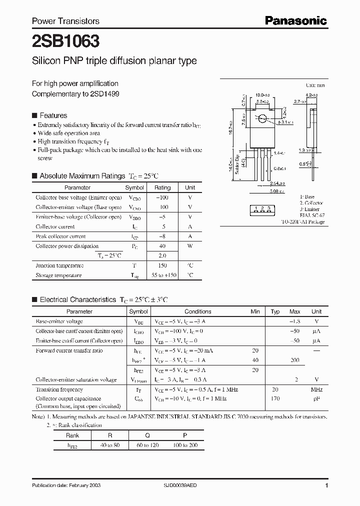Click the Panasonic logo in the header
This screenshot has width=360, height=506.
(295, 20)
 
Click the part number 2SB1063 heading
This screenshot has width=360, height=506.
(58, 40)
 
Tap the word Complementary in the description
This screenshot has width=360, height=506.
(52, 93)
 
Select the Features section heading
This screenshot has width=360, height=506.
(53, 115)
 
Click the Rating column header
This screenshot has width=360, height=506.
(162, 187)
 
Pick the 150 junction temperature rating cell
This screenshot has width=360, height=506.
(162, 265)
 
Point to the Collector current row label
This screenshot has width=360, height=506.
(54, 226)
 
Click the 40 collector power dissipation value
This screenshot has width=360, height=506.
(162, 246)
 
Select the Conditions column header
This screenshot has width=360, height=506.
(198, 311)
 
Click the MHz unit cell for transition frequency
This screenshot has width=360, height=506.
(316, 389)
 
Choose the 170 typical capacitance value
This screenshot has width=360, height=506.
(275, 399)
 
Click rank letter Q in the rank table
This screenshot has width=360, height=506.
(147, 435)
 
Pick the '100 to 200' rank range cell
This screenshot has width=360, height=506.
(185, 444)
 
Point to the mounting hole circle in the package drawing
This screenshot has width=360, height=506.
(262, 119)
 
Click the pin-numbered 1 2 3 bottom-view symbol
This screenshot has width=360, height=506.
(262, 207)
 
